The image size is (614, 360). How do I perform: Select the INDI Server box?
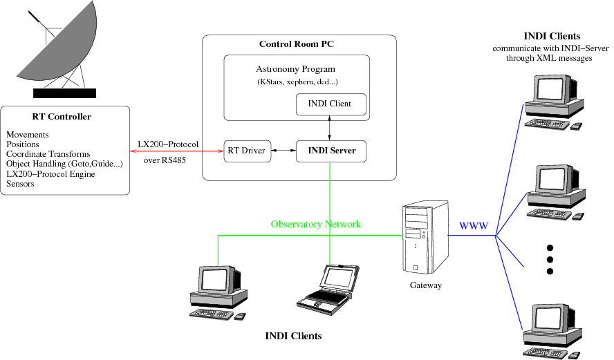[331, 151]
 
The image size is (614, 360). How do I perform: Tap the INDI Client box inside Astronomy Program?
[331, 104]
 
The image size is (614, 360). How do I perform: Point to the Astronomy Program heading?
[295, 69]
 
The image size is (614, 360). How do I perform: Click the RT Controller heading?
[62, 117]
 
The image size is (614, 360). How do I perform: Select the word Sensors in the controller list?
[20, 184]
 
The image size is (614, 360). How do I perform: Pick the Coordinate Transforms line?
[48, 153]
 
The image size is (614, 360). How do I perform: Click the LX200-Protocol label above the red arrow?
[168, 144]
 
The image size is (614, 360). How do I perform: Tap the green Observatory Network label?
[315, 225]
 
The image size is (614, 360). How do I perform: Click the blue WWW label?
[474, 226]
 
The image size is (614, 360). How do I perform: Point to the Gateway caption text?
[425, 285]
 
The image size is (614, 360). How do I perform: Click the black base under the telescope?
[66, 93]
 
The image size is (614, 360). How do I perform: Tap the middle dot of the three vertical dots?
[550, 259]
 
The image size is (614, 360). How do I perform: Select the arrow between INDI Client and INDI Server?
[331, 128]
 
